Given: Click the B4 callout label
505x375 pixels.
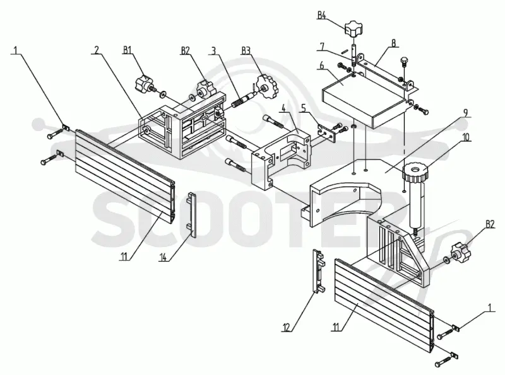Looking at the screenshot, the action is pos(322,15).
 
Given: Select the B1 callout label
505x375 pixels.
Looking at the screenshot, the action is pos(128,50).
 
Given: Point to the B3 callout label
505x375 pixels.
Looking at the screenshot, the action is pos(246,50).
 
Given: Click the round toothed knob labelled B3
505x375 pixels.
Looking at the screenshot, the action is pos(266,87).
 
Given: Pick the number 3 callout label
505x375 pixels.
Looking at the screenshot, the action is pos(213,50).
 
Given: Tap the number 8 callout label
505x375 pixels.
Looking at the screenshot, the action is pos(393,43).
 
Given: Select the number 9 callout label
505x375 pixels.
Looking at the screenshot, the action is pos(465,113).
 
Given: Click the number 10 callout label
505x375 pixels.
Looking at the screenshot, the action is pos(466,137).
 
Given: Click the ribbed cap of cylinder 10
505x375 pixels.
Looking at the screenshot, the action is pos(415,171).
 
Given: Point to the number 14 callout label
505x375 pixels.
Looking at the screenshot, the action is pos(164,257).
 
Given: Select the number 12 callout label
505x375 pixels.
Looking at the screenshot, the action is pos(287,328).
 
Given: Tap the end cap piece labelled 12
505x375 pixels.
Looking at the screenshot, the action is pos(319,271).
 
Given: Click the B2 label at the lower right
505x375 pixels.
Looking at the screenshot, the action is pos(490,224).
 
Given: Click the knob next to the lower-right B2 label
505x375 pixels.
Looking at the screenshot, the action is pos(460,254).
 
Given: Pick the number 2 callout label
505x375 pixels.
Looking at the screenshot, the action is pos(97,50).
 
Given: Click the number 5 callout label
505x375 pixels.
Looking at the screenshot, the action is pos(304,108).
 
